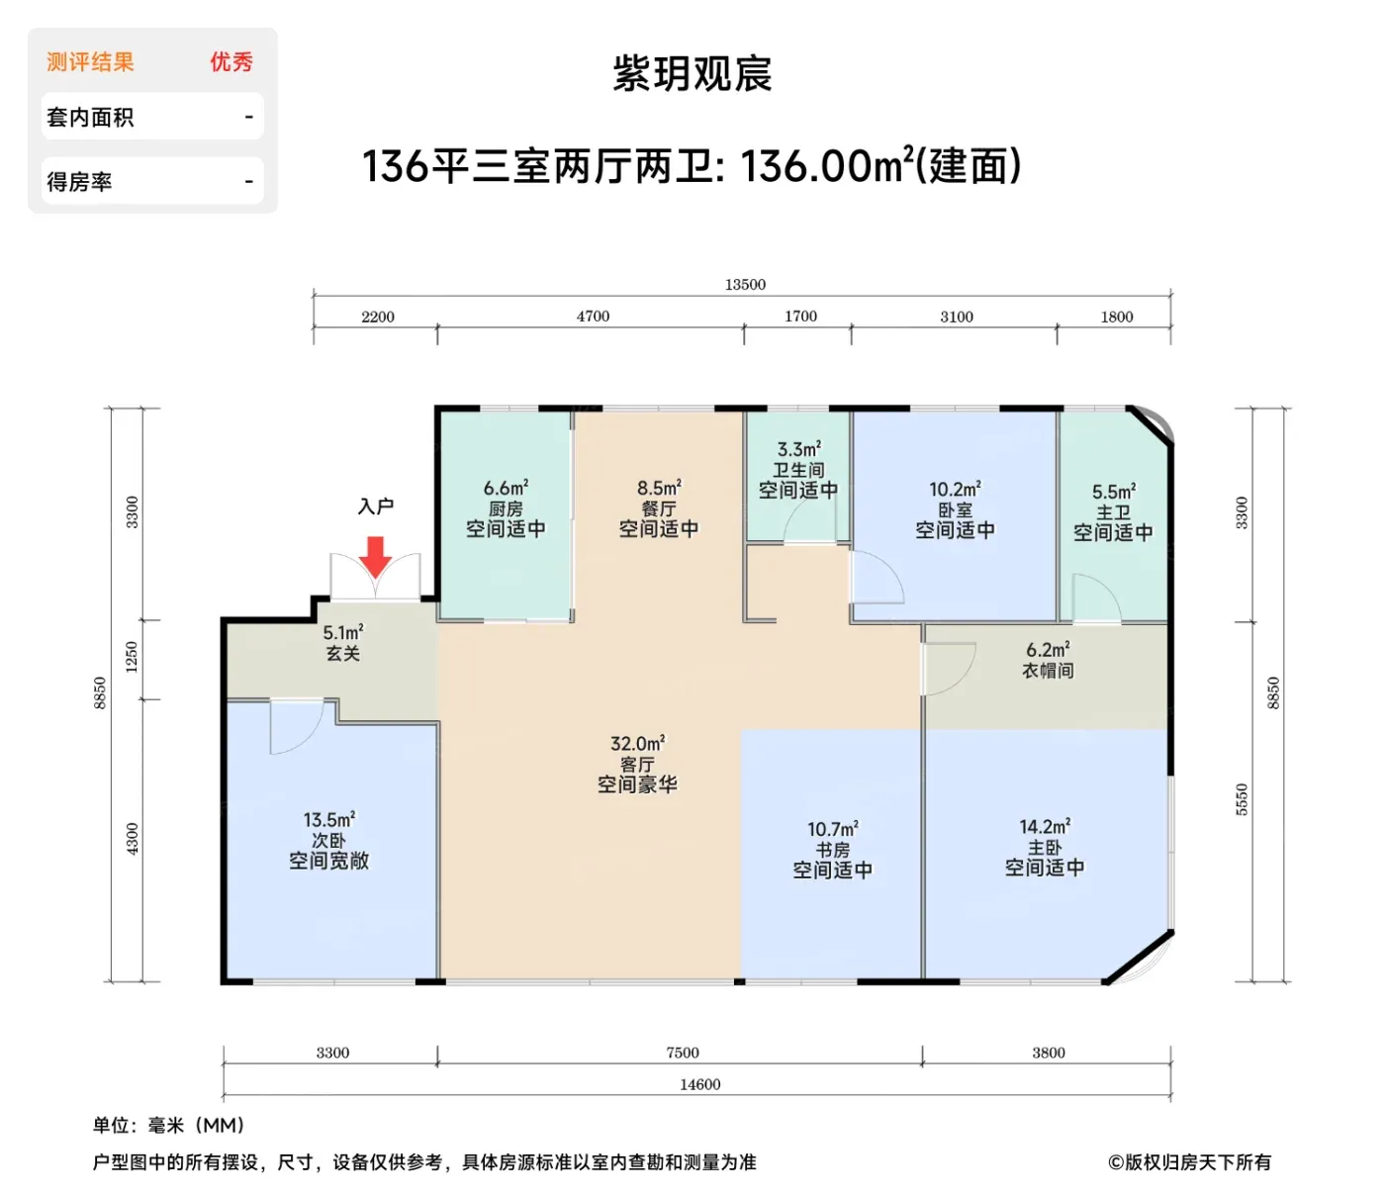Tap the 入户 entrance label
click(x=375, y=506)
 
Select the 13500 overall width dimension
click(x=744, y=285)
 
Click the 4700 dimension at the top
click(x=593, y=317)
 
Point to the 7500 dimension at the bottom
click(x=683, y=1053)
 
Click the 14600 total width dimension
click(x=700, y=1085)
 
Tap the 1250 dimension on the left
click(x=132, y=657)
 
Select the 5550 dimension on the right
click(x=1243, y=799)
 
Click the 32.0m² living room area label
click(x=637, y=743)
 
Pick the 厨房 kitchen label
click(x=506, y=508)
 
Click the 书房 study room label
click(x=832, y=850)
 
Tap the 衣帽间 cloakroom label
click(x=1048, y=670)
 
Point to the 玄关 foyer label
click(x=342, y=653)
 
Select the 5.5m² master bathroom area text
click(x=1114, y=492)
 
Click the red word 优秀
click(x=231, y=62)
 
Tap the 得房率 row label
click(x=79, y=182)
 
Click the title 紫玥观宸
click(x=692, y=74)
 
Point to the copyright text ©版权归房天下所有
click(x=1189, y=1161)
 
